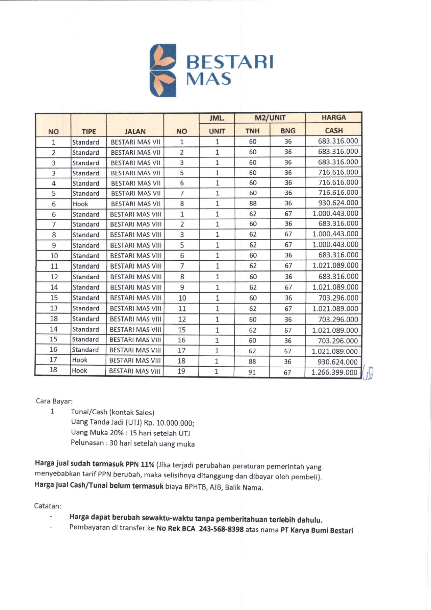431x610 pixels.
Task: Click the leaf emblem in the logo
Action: [x=163, y=70]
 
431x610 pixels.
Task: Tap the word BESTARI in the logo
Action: [x=230, y=62]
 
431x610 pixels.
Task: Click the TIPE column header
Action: [x=89, y=131]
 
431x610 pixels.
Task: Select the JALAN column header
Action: [x=135, y=131]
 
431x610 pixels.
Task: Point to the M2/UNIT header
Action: [x=270, y=118]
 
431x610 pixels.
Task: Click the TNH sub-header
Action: [x=252, y=131]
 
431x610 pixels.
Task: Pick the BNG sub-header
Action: [x=288, y=131]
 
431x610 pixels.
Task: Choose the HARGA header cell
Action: [x=333, y=117]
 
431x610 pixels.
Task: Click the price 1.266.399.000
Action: [x=334, y=372]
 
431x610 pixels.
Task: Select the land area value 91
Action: [x=252, y=372]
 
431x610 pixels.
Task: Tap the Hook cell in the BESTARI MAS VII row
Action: [x=80, y=204]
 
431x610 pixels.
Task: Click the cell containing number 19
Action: [x=181, y=371]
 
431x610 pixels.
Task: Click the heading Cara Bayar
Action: [x=54, y=401]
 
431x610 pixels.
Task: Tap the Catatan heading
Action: [x=48, y=506]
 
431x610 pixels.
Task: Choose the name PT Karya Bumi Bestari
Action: [x=317, y=530]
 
